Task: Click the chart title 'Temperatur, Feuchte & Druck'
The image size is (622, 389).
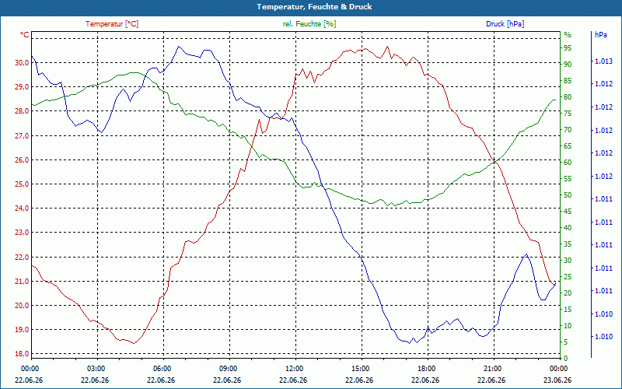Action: (314, 7)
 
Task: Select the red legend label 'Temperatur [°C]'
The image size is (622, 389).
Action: (112, 24)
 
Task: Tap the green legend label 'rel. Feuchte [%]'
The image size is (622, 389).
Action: (309, 24)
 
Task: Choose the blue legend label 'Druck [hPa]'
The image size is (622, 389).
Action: (505, 24)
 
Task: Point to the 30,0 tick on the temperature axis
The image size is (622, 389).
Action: (22, 63)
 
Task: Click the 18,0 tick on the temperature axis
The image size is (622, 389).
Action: (22, 354)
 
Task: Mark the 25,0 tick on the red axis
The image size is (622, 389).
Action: (22, 184)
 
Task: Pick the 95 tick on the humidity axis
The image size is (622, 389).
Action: (568, 48)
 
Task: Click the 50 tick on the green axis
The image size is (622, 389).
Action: (568, 195)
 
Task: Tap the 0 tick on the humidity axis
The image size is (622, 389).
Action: (566, 359)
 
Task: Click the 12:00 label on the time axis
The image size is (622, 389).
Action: (295, 368)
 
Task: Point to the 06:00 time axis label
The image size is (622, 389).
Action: (163, 368)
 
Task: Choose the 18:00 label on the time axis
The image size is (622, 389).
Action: (427, 368)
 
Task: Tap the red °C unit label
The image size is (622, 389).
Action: (25, 35)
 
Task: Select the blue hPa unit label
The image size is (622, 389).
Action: (600, 35)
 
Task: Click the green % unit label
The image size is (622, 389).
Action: (568, 35)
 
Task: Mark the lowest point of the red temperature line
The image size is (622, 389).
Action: (134, 343)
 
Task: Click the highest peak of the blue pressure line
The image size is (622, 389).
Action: (179, 47)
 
